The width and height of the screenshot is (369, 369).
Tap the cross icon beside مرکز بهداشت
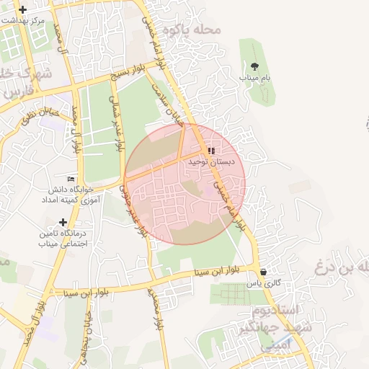[24, 10]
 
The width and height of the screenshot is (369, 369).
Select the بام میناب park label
[255, 76]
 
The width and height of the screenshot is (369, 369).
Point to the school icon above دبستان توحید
[210, 151]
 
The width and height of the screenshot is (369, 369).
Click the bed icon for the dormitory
[71, 179]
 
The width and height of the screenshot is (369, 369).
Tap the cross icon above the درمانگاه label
[63, 223]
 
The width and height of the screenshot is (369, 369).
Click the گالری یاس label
[262, 285]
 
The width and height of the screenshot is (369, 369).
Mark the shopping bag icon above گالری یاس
[264, 272]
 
